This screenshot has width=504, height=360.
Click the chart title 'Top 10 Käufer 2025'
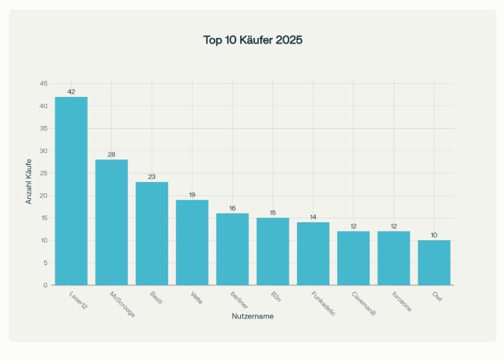tap(253, 40)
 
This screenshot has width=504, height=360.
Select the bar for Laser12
tap(71, 191)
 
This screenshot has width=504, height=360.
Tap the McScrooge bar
tap(111, 222)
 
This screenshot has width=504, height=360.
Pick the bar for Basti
tap(152, 233)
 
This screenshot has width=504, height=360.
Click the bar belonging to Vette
tap(192, 242)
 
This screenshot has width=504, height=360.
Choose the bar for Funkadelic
tap(313, 253)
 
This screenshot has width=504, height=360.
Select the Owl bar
tap(434, 262)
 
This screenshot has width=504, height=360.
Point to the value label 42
tap(71, 91)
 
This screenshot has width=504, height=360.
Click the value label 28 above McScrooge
tap(111, 154)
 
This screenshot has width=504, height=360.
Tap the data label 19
tap(192, 195)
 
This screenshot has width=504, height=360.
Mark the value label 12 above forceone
tap(394, 226)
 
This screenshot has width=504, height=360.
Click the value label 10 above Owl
tap(434, 235)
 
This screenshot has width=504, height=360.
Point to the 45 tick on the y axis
tap(44, 84)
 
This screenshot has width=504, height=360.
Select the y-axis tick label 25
tap(44, 173)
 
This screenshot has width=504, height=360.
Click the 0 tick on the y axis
tap(45, 285)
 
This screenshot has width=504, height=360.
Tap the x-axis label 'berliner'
tap(239, 300)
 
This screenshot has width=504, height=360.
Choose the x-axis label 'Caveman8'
tap(363, 303)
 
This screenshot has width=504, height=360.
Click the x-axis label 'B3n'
tap(276, 297)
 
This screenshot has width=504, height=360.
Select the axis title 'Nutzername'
tap(253, 316)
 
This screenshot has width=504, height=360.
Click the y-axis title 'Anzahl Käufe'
tap(28, 181)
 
